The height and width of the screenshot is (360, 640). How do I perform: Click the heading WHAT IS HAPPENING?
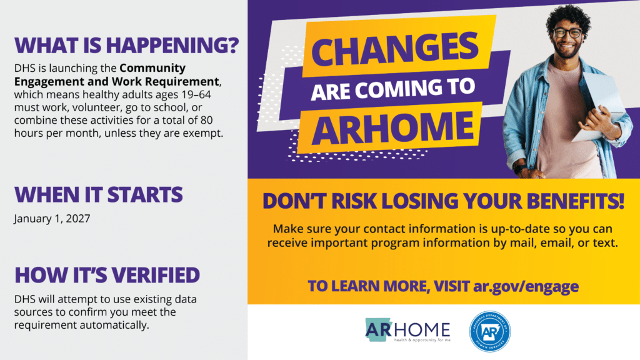coord(126,45)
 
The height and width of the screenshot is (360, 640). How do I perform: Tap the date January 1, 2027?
coord(52,219)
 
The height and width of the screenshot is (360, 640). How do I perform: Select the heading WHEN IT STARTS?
coord(98,194)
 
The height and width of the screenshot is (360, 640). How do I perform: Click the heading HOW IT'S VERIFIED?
coord(107,275)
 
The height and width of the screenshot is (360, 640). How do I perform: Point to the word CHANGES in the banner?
coord(395,49)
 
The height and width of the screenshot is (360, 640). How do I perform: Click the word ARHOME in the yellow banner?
coord(392,127)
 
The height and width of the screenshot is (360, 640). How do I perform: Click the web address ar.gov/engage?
coord(526,286)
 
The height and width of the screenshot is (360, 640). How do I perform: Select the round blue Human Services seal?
coord(490,331)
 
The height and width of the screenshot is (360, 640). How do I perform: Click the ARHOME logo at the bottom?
coord(407,330)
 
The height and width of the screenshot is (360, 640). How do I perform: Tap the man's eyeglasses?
coord(567,33)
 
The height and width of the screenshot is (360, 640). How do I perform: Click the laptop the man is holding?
coord(601,106)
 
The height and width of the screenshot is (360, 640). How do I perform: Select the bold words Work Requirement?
coord(165,82)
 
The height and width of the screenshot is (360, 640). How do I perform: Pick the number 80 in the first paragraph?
coord(206,121)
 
